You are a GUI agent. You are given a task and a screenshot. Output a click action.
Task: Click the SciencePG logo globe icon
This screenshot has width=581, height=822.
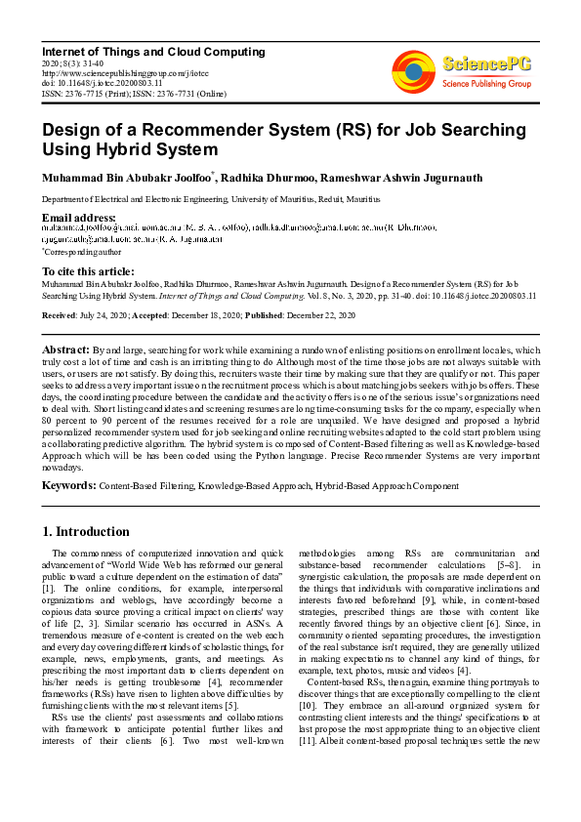click(413, 67)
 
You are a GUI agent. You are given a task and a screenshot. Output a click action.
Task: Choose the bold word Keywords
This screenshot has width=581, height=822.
click(68, 484)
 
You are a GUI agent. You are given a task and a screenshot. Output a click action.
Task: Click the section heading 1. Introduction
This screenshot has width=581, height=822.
click(87, 532)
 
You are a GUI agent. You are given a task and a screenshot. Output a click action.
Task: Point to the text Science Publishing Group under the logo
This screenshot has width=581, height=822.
click(488, 84)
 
